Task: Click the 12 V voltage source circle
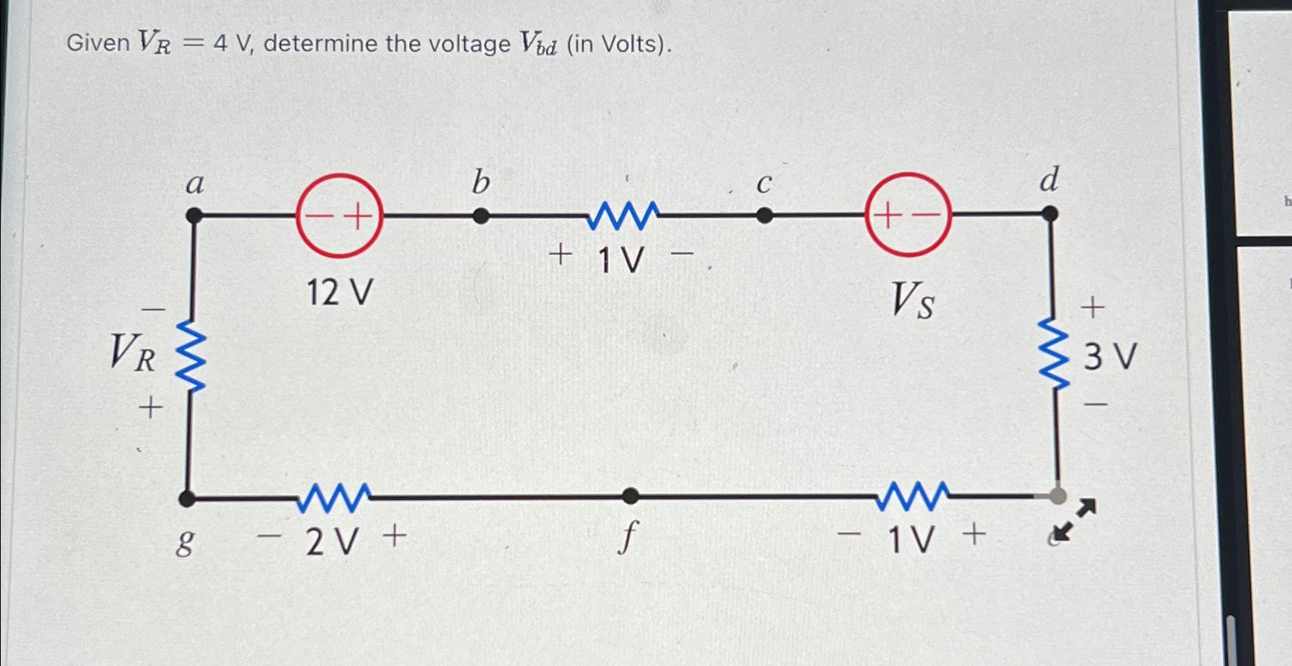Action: click(339, 216)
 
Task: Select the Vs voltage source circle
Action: click(908, 215)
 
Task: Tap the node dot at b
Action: click(481, 216)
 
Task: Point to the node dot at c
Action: click(764, 216)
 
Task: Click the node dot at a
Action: click(194, 216)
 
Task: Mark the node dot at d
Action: click(1049, 215)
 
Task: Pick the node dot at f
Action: click(630, 497)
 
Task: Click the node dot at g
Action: click(186, 499)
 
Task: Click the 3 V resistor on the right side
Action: click(1054, 355)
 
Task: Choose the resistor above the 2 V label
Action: click(334, 498)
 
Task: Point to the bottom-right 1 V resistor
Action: click(913, 496)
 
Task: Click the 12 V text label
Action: click(339, 292)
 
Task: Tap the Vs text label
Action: click(913, 299)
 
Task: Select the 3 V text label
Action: click(1109, 356)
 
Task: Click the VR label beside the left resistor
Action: click(133, 353)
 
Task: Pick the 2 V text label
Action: click(332, 542)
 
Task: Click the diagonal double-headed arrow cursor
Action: click(1076, 520)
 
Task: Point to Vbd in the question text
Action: click(538, 44)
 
